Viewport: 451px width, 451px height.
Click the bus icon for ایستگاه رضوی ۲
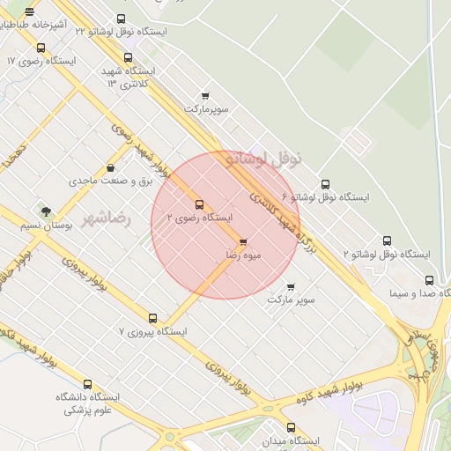click(x=199, y=204)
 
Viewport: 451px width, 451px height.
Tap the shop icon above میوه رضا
click(x=243, y=241)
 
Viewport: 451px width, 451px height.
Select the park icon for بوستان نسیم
click(x=45, y=211)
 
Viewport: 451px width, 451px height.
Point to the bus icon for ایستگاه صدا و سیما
click(x=429, y=280)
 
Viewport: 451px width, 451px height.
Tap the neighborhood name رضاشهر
click(x=107, y=218)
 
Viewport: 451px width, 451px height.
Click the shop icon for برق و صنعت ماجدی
click(x=110, y=168)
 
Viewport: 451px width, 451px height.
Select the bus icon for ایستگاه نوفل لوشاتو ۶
click(x=326, y=184)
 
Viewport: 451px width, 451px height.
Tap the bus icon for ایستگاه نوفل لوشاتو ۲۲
click(x=121, y=18)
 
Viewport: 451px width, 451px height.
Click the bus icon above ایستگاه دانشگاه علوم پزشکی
click(x=87, y=384)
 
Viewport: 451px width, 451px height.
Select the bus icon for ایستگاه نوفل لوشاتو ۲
click(x=387, y=240)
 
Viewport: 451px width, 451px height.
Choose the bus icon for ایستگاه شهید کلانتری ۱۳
click(x=129, y=57)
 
